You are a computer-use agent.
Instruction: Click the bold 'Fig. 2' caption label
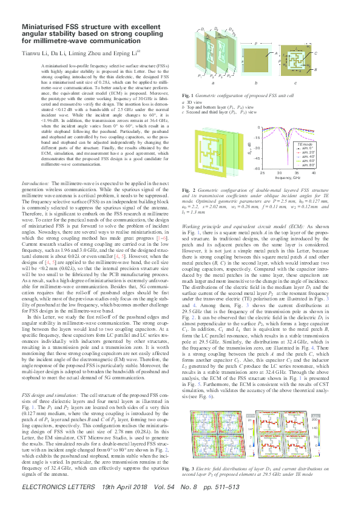tap(189, 191)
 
